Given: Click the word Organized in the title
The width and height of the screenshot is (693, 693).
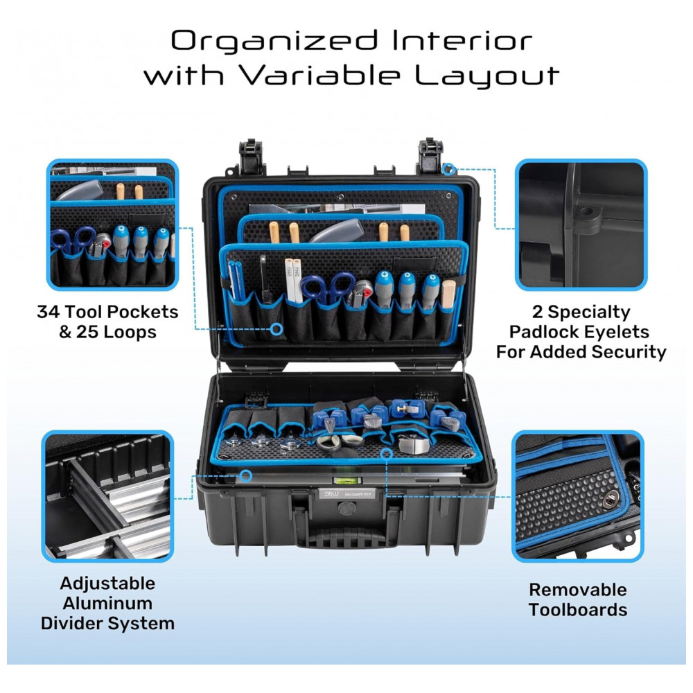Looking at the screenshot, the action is pos(274,42).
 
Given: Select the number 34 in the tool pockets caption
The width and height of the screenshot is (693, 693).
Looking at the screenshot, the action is pos(49,312).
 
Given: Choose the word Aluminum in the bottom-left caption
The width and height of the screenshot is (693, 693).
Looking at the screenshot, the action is pos(107,604).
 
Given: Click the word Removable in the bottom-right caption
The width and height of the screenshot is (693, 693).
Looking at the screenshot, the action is pos(578,590).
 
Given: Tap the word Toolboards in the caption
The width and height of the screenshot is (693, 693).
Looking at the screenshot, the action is pos(578,610).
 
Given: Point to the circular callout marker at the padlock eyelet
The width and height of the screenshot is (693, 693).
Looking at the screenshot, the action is pos(448,168).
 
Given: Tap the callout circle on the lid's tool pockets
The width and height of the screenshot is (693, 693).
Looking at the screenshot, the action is pos(277,328).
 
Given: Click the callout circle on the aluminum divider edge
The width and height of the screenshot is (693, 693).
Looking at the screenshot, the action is pos(246,476).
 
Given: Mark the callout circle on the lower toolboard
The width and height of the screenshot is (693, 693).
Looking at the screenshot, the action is pos(387,453).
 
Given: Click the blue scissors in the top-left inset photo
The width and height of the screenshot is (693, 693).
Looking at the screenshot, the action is pos(73,240).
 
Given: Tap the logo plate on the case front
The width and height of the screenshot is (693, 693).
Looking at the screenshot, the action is pos(347,493).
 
